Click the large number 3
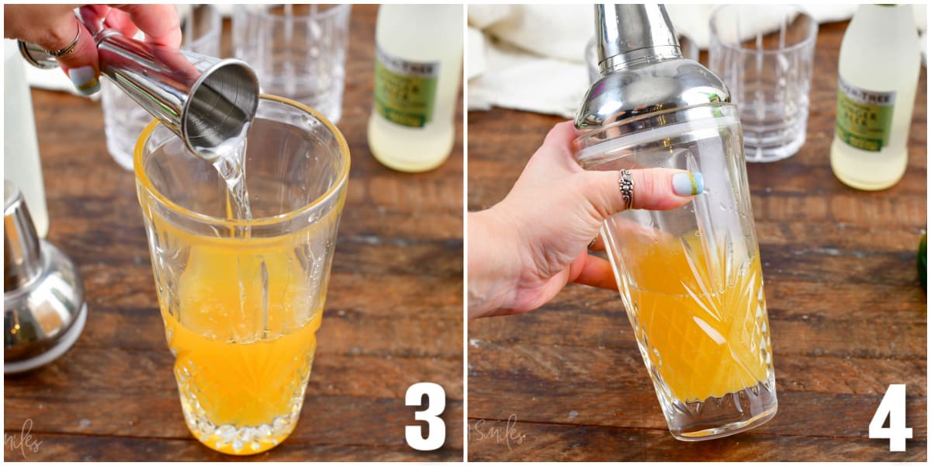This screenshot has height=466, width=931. point(425,416)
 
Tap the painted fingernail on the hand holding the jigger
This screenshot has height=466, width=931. point(84,80)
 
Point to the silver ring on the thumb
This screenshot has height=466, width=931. point(626,188)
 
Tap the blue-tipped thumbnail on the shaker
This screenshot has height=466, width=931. point(687,183)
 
